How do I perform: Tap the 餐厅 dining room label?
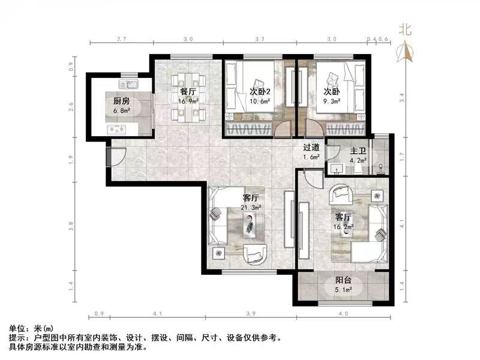coord(188,92)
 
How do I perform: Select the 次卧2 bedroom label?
coord(260,92)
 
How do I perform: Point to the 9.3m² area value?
coord(332,101)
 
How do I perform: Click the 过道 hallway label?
coord(311,148)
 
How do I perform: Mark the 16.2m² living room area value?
coord(344,227)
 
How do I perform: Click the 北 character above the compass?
coord(406,29)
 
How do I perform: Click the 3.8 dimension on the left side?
coord(71,226)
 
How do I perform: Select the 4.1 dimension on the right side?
coord(401,224)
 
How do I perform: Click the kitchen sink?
coord(128,83)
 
